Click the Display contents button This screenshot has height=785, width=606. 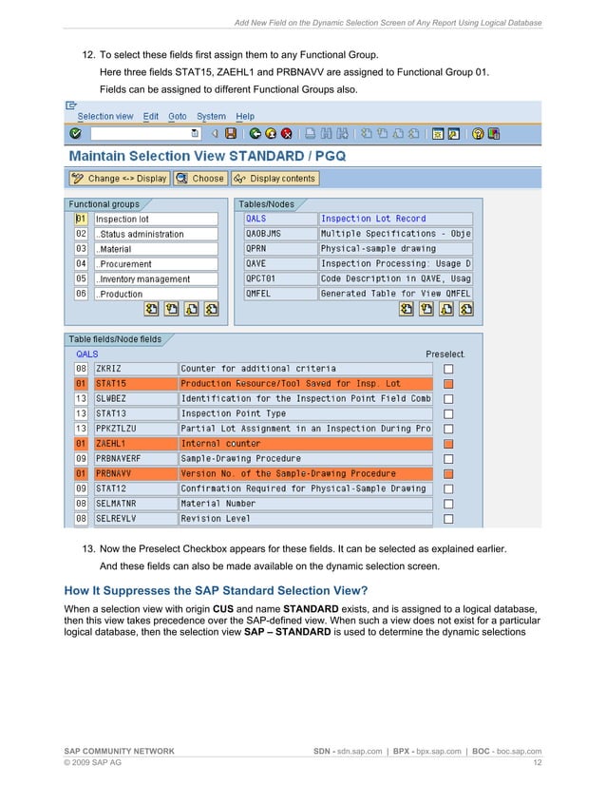(x=275, y=178)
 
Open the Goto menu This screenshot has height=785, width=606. (x=178, y=116)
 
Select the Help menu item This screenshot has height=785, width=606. (x=245, y=116)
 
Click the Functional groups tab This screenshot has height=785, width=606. (x=104, y=204)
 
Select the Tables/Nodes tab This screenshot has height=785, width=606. (x=266, y=204)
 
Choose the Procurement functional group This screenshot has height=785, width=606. (x=155, y=264)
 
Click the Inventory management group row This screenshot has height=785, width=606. (x=155, y=279)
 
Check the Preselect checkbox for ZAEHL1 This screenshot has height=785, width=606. (x=449, y=444)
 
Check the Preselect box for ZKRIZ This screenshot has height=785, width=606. (x=449, y=369)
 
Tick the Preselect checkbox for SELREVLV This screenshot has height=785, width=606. (x=449, y=519)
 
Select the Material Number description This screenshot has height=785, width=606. (x=304, y=504)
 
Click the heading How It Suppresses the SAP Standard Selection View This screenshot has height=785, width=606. (x=223, y=590)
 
